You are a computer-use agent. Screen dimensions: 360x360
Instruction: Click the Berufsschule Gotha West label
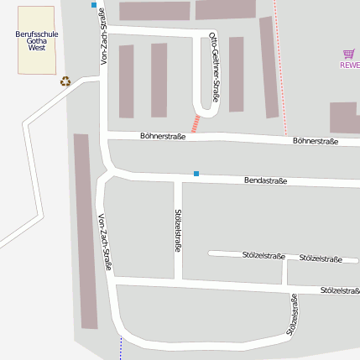tap(36, 41)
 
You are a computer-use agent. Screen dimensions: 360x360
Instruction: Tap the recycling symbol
tap(65, 81)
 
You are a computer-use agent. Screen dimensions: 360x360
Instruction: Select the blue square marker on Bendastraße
tap(196, 174)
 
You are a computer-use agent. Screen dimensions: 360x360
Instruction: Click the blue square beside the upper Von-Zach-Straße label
tap(94, 5)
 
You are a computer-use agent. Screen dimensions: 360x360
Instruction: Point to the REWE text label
tap(349, 65)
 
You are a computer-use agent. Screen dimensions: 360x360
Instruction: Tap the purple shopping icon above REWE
tap(349, 53)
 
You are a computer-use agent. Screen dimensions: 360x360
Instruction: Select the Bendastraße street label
tap(265, 180)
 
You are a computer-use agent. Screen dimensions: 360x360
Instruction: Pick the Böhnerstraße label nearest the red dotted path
tap(316, 141)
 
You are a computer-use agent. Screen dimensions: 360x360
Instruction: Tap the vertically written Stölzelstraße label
tap(178, 230)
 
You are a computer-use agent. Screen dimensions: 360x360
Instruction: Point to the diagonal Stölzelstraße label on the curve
tap(293, 315)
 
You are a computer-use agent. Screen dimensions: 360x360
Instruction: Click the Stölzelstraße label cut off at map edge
tap(340, 290)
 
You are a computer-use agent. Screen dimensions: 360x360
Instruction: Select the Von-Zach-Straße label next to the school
tap(104, 37)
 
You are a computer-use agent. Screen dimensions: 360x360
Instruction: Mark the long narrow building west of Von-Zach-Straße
tap(85, 231)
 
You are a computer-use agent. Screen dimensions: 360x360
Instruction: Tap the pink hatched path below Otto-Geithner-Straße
tap(196, 123)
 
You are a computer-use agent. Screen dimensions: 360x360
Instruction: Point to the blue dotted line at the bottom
tap(121, 348)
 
